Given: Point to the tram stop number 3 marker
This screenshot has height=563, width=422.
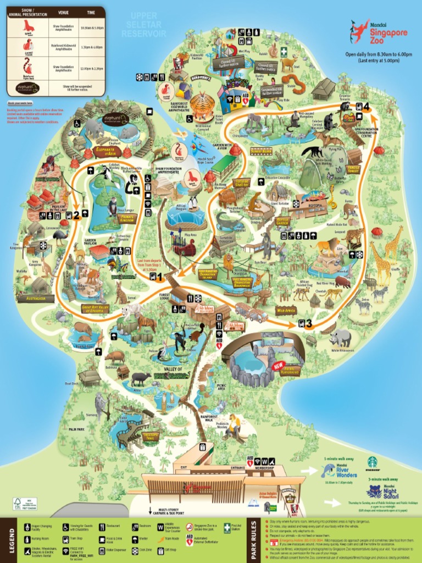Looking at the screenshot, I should pyautogui.click(x=306, y=323).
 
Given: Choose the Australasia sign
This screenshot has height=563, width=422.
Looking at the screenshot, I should pyautogui.click(x=36, y=299).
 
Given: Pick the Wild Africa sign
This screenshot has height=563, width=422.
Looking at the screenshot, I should pyautogui.click(x=286, y=311).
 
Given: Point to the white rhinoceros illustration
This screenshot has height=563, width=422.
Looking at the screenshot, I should pyautogui.click(x=341, y=336).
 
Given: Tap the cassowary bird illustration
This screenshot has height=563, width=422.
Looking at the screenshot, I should pyautogui.click(x=59, y=236).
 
